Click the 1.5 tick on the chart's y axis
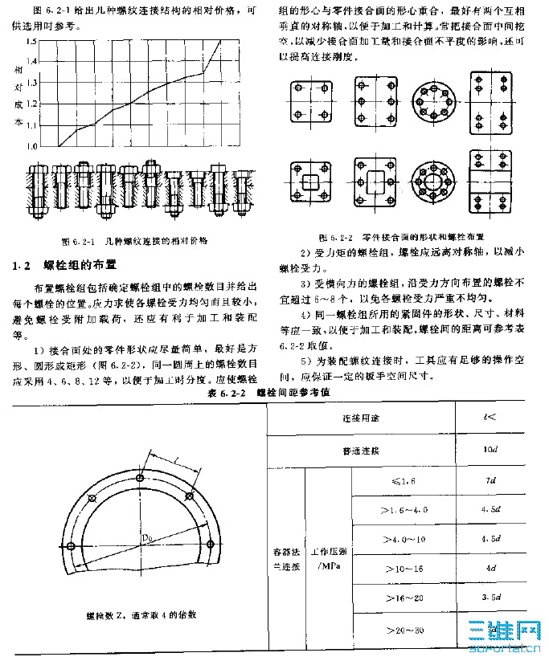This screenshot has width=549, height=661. pos(31,62)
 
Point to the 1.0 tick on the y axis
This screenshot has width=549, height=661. pos(31,146)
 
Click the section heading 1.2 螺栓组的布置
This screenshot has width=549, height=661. pos(69,264)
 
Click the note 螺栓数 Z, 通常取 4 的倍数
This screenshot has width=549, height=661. pos(141,616)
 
